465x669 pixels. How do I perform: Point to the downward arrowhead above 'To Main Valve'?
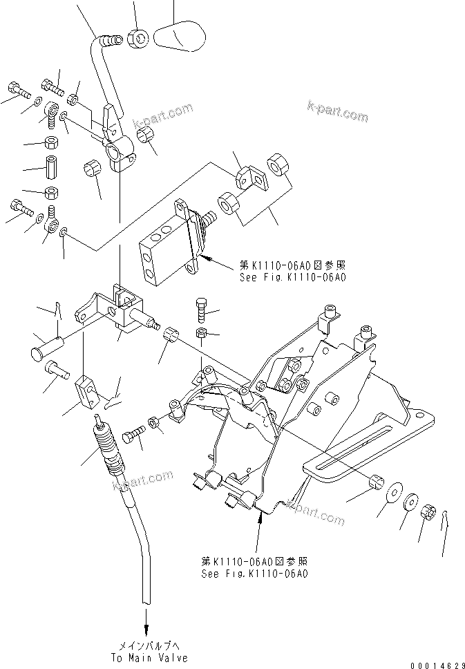146,630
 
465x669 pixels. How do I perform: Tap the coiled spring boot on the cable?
106,452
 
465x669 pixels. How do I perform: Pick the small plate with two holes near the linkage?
249,178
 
